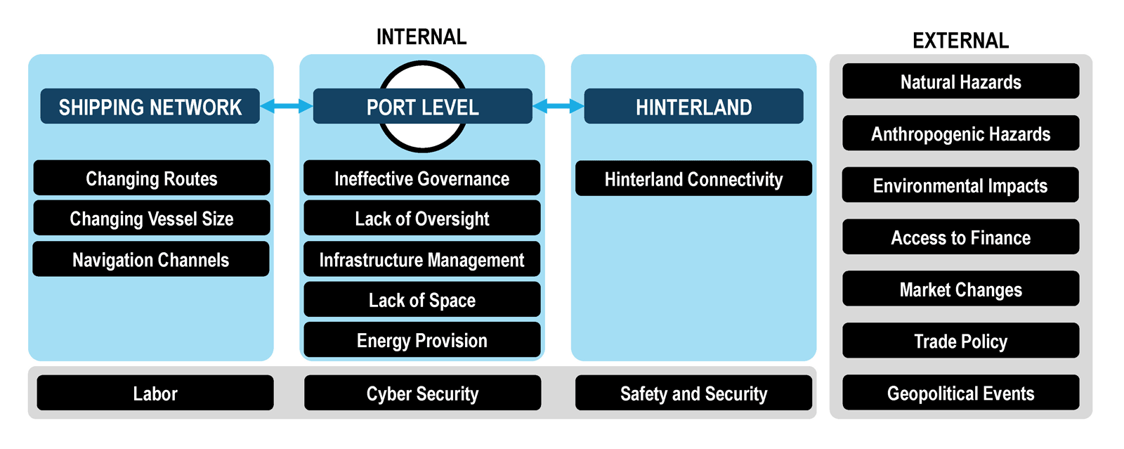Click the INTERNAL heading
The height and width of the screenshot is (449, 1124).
click(421, 37)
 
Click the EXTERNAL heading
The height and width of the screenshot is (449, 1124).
click(960, 41)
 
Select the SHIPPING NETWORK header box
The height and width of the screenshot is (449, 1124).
click(150, 106)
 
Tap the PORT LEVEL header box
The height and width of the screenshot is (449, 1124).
click(422, 106)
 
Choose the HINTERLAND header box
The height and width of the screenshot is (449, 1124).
click(693, 106)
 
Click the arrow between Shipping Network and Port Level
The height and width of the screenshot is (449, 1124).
click(287, 106)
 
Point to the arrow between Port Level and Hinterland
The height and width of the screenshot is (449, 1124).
click(558, 106)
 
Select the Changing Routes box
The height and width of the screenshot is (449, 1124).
click(152, 178)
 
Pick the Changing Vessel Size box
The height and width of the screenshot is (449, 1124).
click(152, 219)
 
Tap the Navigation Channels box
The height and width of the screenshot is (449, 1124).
click(151, 259)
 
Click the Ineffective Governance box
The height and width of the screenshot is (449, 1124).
click(422, 178)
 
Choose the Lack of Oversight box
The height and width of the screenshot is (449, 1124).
click(422, 219)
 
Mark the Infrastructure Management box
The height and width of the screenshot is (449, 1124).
click(422, 259)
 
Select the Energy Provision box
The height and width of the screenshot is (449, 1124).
click(422, 340)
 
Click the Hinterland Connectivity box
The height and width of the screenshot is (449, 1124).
click(693, 178)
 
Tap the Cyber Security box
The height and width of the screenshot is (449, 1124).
click(422, 393)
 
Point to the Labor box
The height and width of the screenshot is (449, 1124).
click(155, 393)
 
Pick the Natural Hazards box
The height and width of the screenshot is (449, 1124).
click(961, 82)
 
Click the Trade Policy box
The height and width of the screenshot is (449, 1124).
click(961, 341)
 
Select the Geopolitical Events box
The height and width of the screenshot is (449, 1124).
click(961, 393)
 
